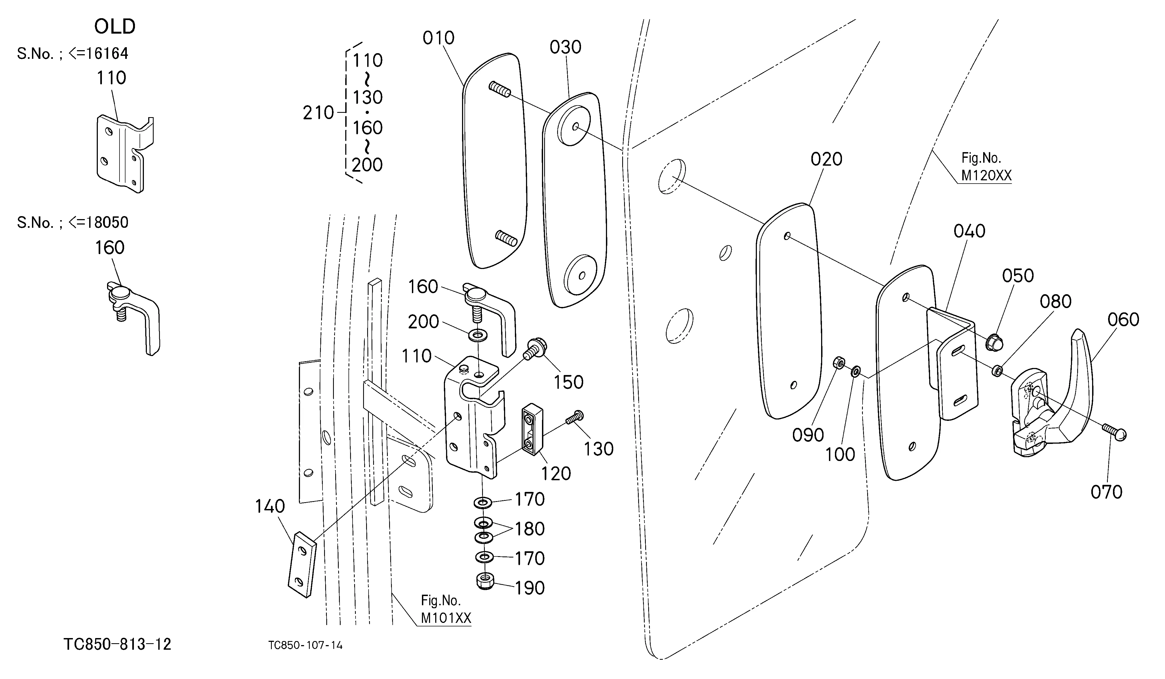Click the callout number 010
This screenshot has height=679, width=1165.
[x=438, y=38]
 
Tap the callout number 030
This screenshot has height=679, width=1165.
[x=565, y=47]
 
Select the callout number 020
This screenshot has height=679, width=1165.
[x=826, y=159]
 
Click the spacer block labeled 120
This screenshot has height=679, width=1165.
[x=532, y=429]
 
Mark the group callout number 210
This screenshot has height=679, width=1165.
[x=318, y=113]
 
